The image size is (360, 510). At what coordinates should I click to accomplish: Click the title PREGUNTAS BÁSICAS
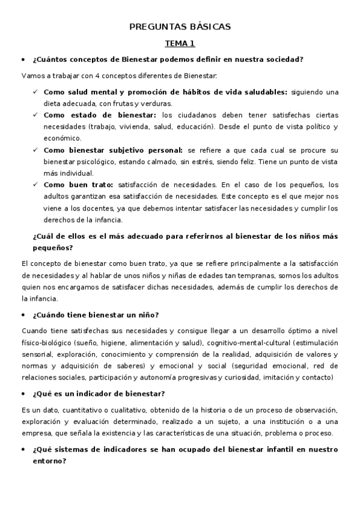(180, 27)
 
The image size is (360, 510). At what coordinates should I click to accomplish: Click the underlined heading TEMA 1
(180, 44)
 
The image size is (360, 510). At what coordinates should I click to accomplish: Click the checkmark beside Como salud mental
(35, 92)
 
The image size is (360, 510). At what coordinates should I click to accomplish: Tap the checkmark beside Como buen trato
(35, 185)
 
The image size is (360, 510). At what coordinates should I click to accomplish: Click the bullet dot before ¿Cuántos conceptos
(23, 60)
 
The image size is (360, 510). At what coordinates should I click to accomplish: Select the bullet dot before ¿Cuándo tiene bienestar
(23, 315)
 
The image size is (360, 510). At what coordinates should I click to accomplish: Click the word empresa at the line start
(35, 432)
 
